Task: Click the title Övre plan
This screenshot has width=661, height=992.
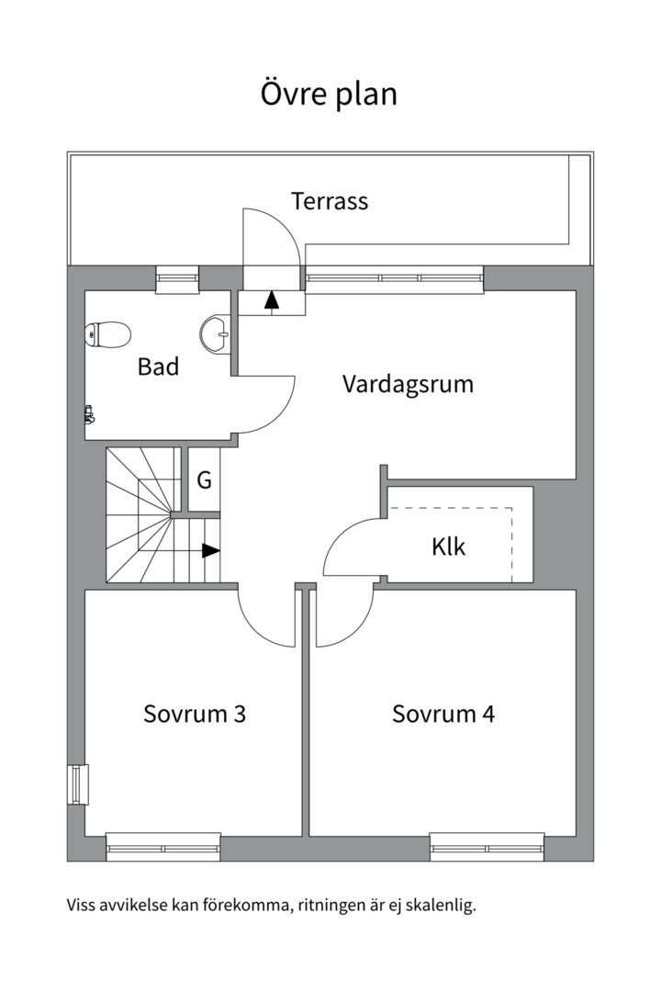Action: tap(330, 95)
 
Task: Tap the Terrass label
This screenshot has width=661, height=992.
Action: tap(330, 200)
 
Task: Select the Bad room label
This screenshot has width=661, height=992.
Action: tap(158, 366)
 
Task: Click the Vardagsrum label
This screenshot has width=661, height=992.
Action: tap(408, 383)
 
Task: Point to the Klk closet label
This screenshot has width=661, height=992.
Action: tap(449, 547)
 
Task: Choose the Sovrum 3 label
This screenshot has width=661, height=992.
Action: tap(194, 714)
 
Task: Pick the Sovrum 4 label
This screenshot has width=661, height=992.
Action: tap(443, 714)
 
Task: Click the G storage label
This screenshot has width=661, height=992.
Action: tap(205, 479)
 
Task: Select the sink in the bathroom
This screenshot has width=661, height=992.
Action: tap(217, 333)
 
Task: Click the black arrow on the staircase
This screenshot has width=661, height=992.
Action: tap(210, 550)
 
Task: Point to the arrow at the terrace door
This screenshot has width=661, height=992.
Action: tap(272, 300)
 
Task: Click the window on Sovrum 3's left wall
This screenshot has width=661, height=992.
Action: tap(78, 784)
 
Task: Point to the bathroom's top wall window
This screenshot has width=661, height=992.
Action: tap(176, 278)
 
